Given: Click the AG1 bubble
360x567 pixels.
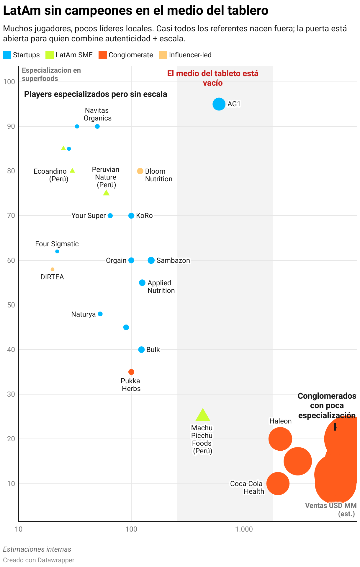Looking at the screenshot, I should click(x=219, y=104).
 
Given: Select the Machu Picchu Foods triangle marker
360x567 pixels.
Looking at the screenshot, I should click(x=203, y=416).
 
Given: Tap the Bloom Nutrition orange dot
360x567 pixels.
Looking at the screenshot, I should click(x=140, y=171).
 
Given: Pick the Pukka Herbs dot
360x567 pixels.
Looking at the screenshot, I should click(x=131, y=372).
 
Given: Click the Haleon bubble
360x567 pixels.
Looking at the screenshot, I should click(x=280, y=439).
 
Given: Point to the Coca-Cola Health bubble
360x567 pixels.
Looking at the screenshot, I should click(x=278, y=483).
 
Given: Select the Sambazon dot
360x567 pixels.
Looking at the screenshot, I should click(x=151, y=260).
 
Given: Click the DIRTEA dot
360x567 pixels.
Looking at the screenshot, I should click(x=53, y=269).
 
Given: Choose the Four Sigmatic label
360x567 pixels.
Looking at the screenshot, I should click(x=57, y=244).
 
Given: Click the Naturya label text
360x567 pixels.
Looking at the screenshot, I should click(x=84, y=314).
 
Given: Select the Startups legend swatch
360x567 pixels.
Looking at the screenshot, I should click(x=7, y=55).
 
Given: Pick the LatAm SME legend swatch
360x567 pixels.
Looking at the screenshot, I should click(x=50, y=55).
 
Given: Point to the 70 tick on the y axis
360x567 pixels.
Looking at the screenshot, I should click(x=11, y=216).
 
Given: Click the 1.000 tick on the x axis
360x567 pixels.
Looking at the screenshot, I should click(x=244, y=529).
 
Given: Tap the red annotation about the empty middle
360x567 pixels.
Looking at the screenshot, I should click(x=213, y=78).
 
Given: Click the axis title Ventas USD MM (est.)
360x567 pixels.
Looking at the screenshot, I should click(x=331, y=509).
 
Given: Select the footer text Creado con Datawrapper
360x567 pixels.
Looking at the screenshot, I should click(x=39, y=560).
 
